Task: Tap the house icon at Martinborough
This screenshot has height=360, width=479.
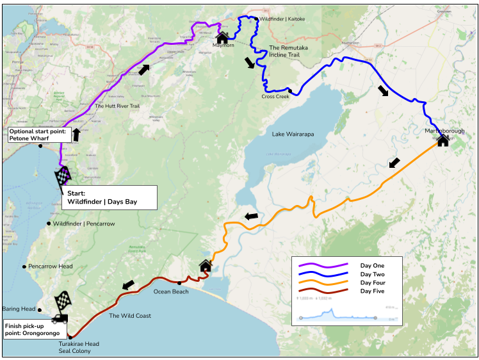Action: tap(442, 140)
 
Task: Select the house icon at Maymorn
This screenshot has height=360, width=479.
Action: tap(222, 38)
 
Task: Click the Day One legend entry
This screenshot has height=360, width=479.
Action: tap(372, 265)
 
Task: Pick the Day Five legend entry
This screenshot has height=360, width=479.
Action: tap(372, 291)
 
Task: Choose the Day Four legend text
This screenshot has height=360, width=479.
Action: tap(372, 282)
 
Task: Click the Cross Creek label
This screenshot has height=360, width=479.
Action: tap(275, 97)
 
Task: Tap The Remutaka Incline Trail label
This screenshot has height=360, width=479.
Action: tap(292, 51)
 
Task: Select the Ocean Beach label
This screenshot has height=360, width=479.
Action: tap(171, 291)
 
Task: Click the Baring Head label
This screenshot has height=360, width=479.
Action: tap(21, 309)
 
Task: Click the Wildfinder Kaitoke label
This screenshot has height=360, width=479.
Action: tap(282, 19)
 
